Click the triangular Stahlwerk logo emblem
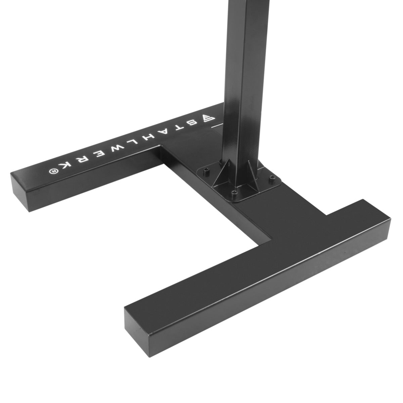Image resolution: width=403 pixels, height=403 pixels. (x=206, y=119)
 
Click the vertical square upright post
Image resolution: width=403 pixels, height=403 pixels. (x=242, y=84)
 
